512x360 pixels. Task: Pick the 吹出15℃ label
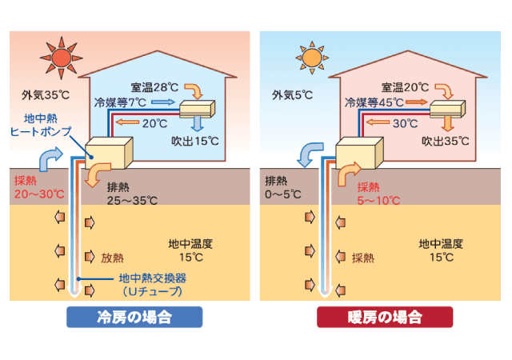click(x=195, y=141)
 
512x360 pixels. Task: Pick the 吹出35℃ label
click(x=445, y=141)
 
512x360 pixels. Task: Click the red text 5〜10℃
click(x=378, y=199)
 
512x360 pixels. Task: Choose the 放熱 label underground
click(x=112, y=258)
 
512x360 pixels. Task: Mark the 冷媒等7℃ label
click(x=121, y=102)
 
